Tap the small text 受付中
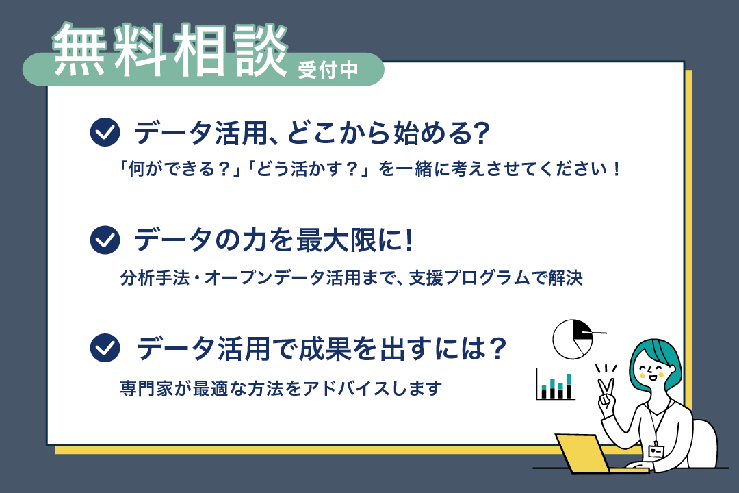328,71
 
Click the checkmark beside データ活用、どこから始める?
105,132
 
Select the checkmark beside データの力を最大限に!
105,240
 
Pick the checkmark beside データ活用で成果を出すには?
105,348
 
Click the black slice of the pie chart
582,329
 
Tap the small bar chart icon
556,384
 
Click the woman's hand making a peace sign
606,392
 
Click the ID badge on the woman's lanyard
656,451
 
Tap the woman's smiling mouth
652,377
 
